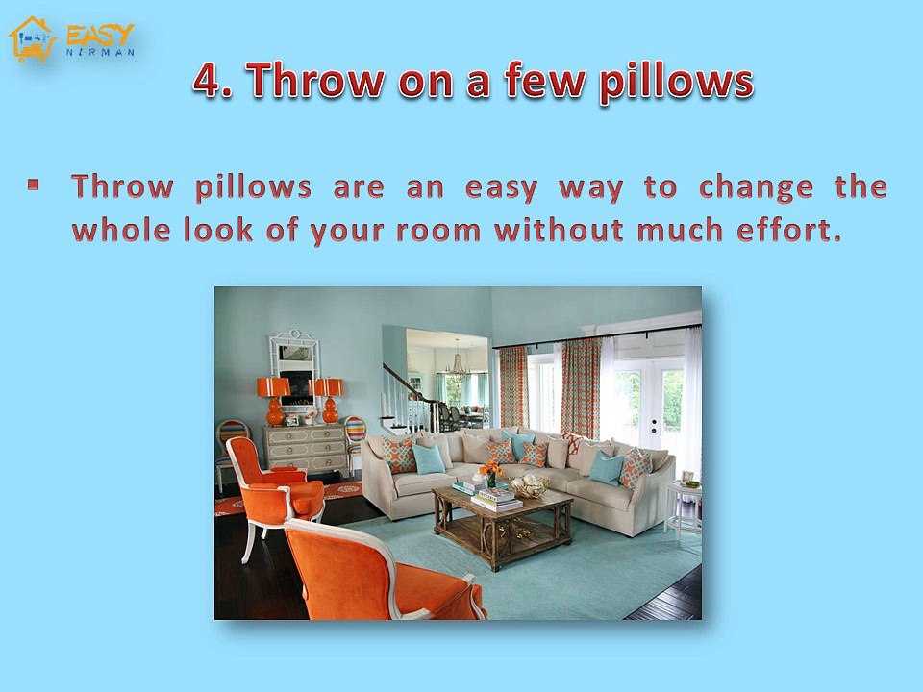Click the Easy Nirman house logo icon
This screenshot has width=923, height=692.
(31, 38)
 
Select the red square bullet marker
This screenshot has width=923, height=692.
(34, 183)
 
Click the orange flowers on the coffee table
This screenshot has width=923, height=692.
(491, 470)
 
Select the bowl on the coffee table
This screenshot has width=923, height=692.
(528, 487)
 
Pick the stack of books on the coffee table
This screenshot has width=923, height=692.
(495, 498)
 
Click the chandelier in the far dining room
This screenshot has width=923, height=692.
(457, 366)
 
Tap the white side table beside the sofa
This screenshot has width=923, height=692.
(683, 506)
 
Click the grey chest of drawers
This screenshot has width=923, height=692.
(307, 449)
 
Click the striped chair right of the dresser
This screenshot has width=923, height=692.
(355, 437)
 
